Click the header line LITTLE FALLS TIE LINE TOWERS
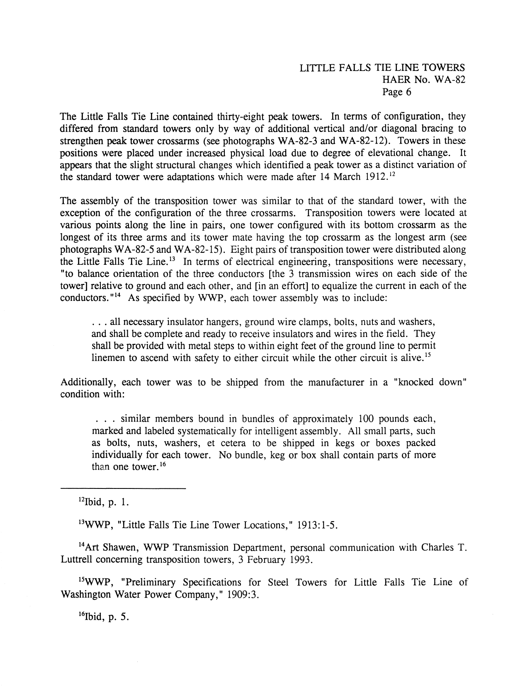382,68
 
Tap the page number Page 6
396,92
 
